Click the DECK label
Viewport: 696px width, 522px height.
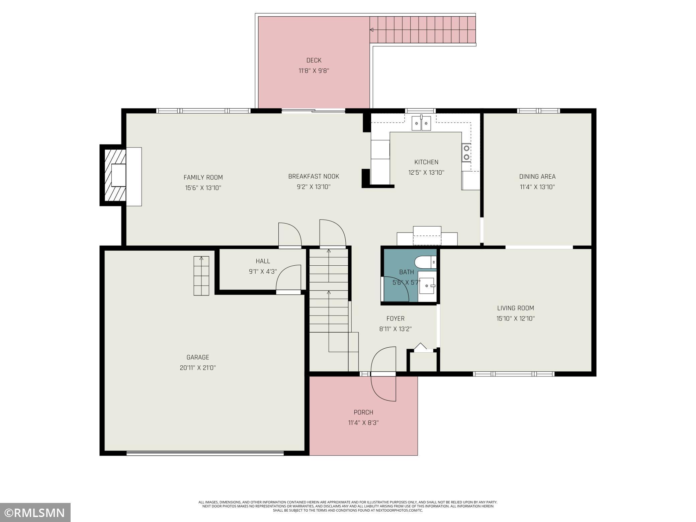[314, 60]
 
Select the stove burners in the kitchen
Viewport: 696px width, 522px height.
[466, 153]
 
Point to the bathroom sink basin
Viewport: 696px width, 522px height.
[427, 286]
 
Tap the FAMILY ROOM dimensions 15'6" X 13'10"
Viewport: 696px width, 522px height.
[203, 188]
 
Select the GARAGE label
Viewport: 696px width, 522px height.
[198, 357]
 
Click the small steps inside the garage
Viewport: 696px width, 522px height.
[201, 276]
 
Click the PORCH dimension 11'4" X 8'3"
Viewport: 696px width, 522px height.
[363, 423]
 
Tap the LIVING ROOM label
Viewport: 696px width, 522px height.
[515, 308]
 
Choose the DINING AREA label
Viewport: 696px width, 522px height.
[537, 176]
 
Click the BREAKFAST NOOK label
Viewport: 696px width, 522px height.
[314, 176]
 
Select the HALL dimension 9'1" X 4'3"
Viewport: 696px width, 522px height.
[263, 272]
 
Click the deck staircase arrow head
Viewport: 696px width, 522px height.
[371, 30]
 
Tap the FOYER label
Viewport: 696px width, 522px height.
[395, 319]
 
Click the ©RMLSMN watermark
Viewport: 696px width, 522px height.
[35, 513]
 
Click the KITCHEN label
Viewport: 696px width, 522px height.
[426, 162]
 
